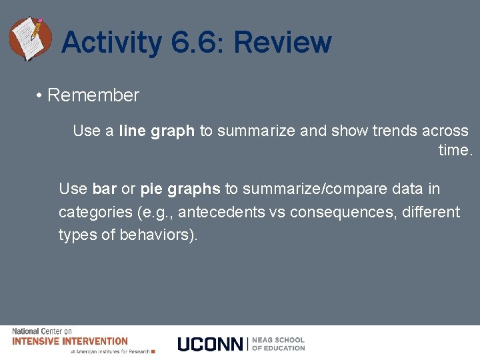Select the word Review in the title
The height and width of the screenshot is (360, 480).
(x=282, y=43)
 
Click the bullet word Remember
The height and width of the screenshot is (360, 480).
(x=93, y=95)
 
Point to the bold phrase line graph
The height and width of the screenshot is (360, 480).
(x=157, y=131)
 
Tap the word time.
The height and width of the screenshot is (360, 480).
(x=455, y=151)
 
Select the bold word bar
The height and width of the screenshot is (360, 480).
(x=105, y=189)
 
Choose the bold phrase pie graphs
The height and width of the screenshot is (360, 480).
(x=180, y=189)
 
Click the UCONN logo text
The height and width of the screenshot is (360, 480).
(x=211, y=344)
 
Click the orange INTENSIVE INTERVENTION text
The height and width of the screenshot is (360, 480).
(x=70, y=341)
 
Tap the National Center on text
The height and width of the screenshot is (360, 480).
(x=41, y=331)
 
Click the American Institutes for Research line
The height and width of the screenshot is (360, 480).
(x=110, y=351)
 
